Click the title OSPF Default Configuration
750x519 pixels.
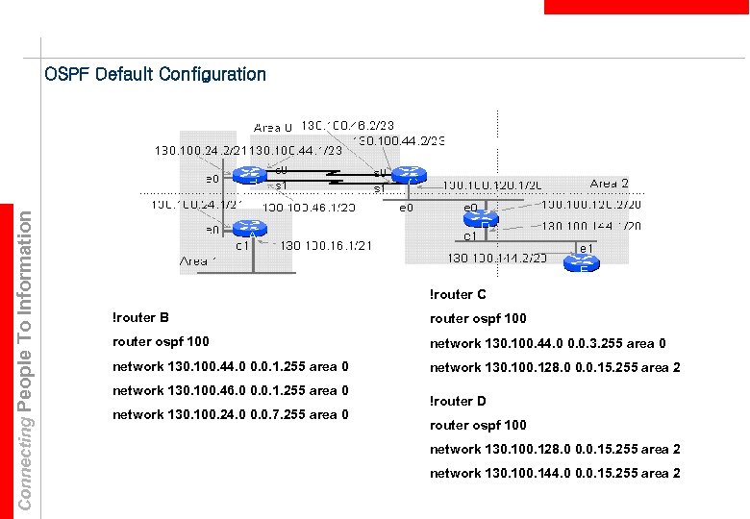click(x=155, y=74)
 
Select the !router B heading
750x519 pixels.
click(x=140, y=317)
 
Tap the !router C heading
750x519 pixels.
click(x=458, y=294)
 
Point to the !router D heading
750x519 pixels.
click(x=458, y=401)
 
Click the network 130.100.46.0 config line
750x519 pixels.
click(x=230, y=390)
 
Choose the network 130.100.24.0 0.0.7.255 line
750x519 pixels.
click(x=230, y=414)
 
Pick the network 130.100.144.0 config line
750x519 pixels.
click(x=555, y=473)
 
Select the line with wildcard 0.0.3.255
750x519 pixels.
click(x=547, y=343)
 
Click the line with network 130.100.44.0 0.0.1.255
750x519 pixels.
click(x=230, y=366)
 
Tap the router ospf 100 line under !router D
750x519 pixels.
click(x=478, y=425)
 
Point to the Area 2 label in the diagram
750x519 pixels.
click(x=609, y=184)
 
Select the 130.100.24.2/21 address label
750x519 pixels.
click(x=201, y=151)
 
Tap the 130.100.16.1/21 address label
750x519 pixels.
click(x=328, y=245)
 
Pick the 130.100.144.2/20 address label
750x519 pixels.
click(x=497, y=258)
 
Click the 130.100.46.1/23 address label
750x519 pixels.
click(x=309, y=207)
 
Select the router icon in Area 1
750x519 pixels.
click(x=252, y=230)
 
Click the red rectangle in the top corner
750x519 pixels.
click(x=646, y=7)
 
